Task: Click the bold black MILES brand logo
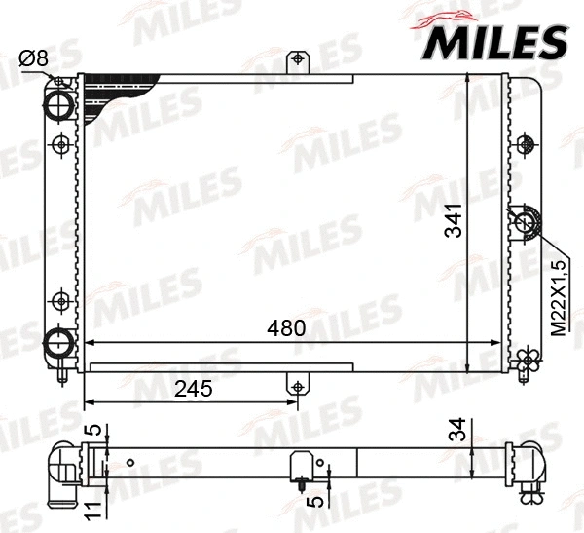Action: tap(494, 42)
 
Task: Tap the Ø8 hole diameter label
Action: tap(34, 58)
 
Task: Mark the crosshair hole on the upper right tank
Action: tap(528, 143)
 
